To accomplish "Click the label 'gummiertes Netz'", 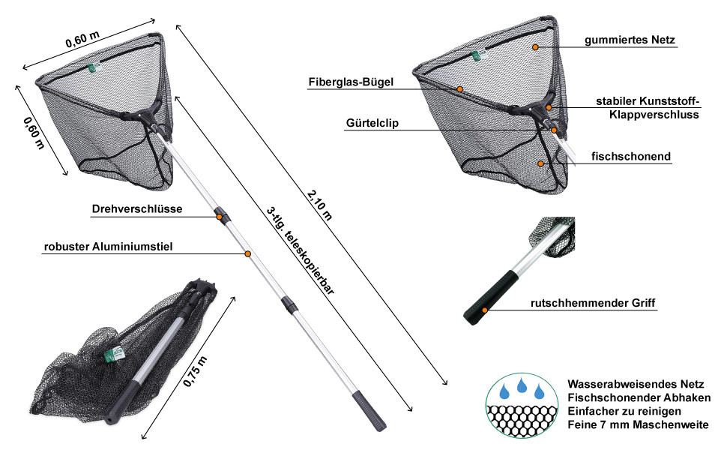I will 630,40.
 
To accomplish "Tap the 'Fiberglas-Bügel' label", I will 350,82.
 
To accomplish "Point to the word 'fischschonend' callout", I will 630,157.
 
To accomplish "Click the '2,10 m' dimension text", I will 319,203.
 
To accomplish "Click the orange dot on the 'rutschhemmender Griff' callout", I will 485,309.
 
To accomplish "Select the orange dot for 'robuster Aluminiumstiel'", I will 247,255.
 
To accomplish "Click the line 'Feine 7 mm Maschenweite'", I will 638,425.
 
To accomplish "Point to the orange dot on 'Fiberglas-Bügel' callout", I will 460,89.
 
